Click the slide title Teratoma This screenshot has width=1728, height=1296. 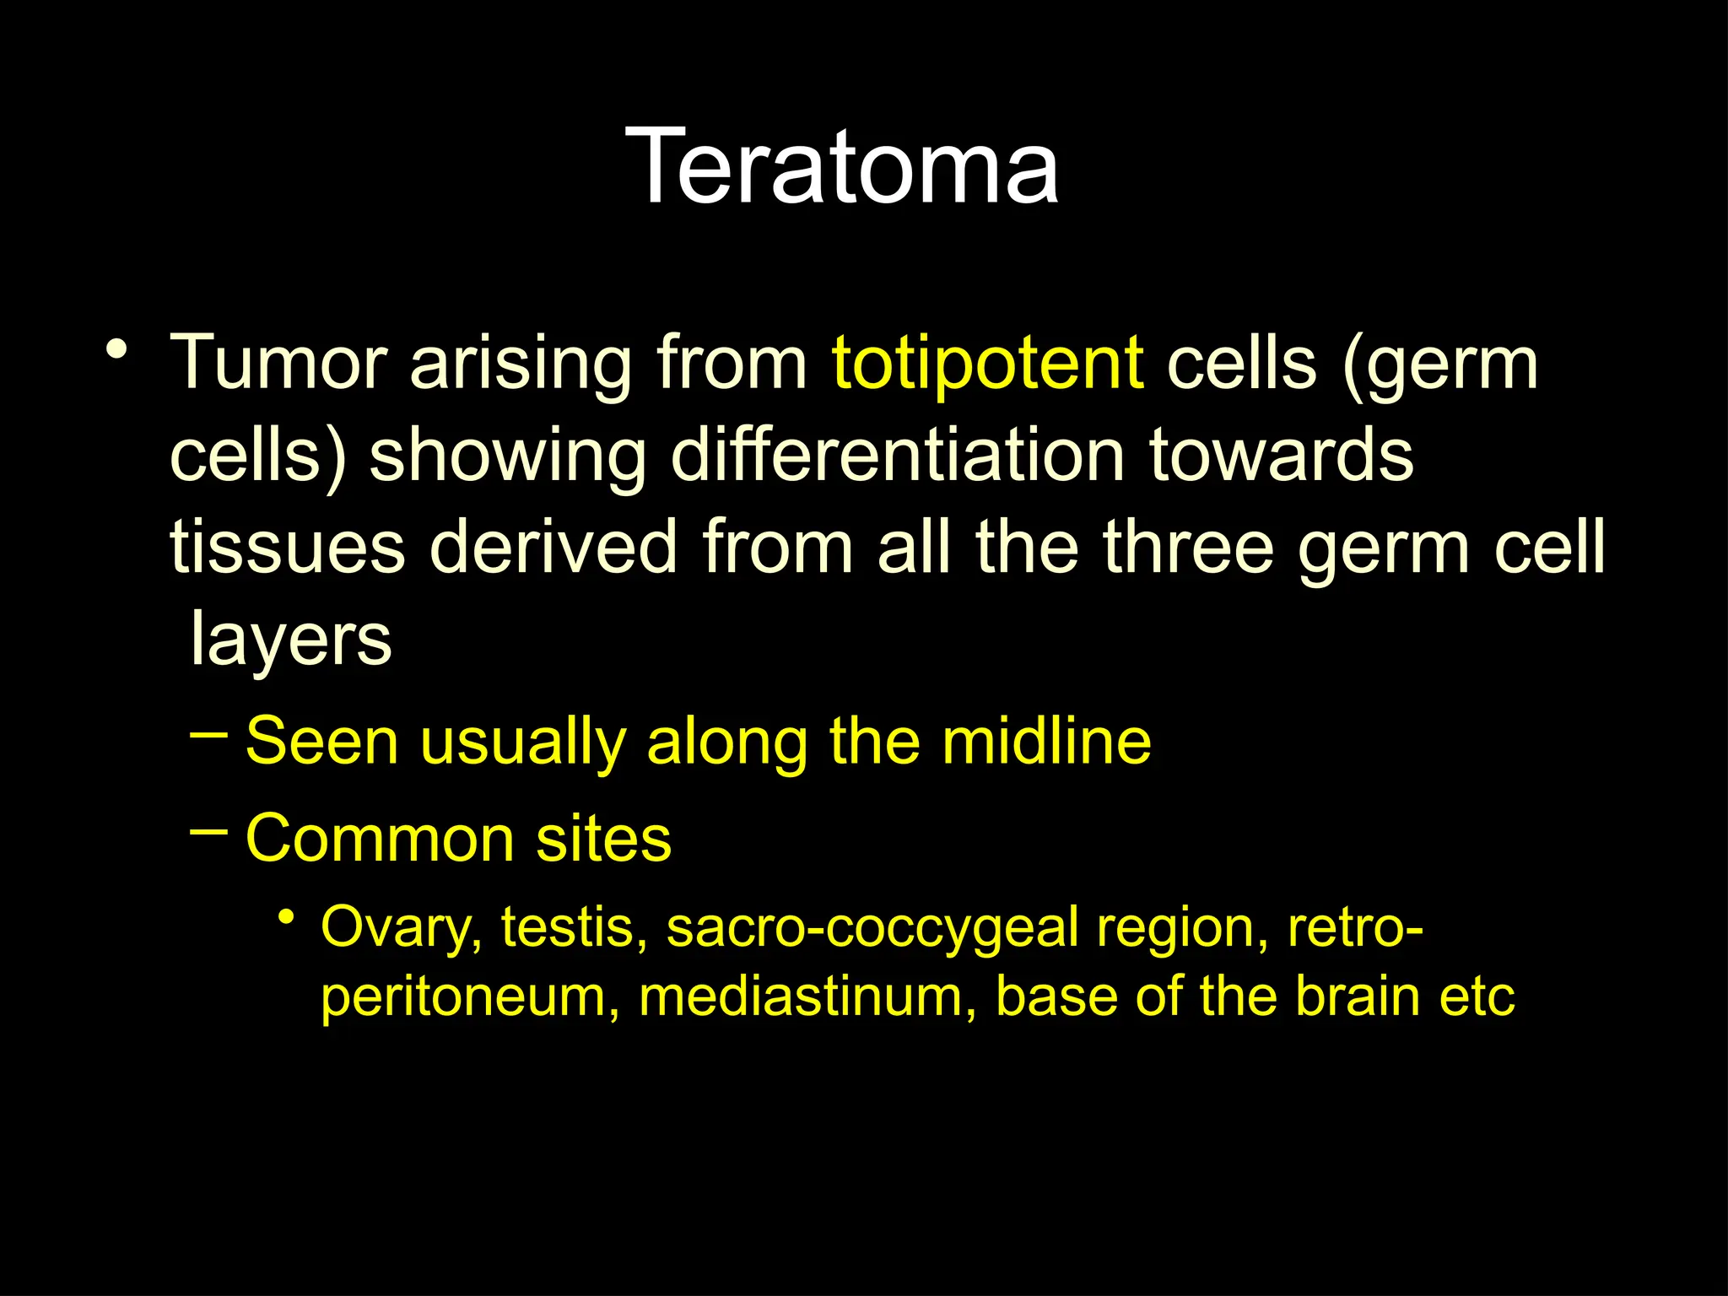coord(842,166)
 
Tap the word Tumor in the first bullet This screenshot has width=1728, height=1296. coord(278,363)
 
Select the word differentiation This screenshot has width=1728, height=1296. coord(898,456)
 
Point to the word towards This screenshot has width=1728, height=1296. coord(1281,456)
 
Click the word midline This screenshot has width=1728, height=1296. coord(1046,741)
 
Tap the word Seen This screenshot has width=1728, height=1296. coord(321,741)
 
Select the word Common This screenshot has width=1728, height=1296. coord(380,839)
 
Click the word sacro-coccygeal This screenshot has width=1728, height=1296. coord(873,928)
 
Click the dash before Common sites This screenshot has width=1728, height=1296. coord(208,832)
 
